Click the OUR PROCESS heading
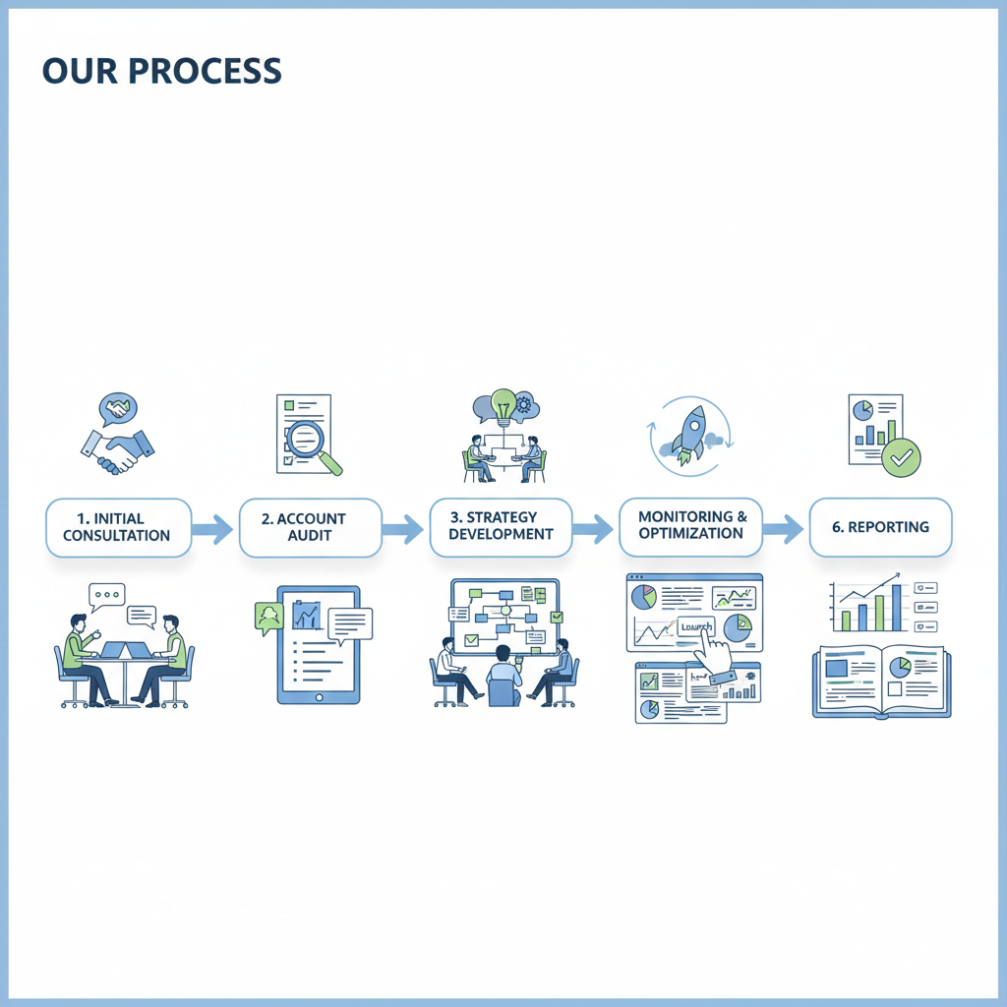162,71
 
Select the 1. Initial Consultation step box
118,527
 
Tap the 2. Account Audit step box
310,527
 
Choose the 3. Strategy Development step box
501,526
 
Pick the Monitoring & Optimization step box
691,525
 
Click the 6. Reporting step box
880,526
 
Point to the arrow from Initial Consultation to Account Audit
211,530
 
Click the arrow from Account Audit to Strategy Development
402,530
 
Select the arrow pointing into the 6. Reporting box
783,530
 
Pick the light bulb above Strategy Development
503,404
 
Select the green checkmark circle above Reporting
901,457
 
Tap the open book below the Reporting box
881,681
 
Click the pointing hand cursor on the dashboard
715,649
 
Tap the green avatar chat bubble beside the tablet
267,617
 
